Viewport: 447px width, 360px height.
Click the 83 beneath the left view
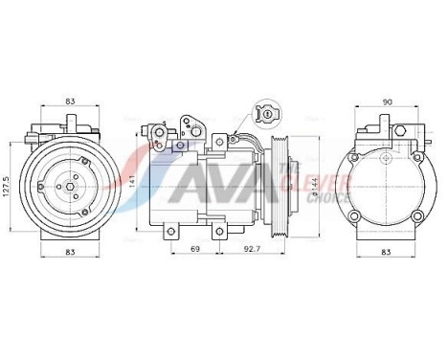pyautogui.click(x=72, y=251)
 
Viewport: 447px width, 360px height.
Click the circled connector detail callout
pyautogui.click(x=269, y=115)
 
